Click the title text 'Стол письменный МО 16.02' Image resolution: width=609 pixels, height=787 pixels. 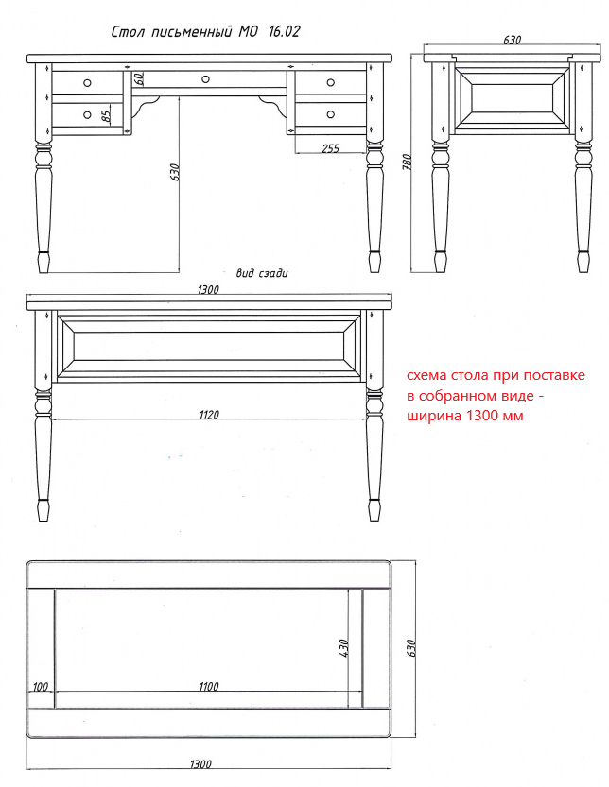tap(205, 32)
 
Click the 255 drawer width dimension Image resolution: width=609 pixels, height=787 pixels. tap(331, 148)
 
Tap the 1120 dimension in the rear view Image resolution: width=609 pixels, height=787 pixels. tap(209, 415)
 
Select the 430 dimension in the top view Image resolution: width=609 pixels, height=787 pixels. tap(343, 648)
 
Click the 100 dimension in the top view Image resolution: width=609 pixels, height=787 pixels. tap(41, 686)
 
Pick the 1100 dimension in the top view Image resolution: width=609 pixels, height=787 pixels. tap(209, 686)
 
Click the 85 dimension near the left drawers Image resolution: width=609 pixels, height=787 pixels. tap(107, 116)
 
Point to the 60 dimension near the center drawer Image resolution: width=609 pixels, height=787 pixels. tap(139, 78)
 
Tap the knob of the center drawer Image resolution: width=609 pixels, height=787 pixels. tap(205, 78)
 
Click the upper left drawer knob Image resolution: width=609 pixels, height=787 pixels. tap(87, 82)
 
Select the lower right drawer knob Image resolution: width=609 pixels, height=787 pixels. tap(331, 114)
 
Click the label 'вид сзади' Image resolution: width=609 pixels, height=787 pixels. tap(262, 273)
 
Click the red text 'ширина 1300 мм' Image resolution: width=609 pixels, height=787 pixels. tap(465, 416)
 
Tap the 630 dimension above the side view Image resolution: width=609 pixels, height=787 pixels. tap(512, 40)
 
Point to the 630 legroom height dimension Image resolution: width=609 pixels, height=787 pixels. tap(175, 172)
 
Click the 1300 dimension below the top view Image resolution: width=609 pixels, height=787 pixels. tap(200, 764)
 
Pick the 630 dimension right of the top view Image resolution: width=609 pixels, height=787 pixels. tap(411, 648)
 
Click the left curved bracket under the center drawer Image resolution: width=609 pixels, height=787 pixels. tap(147, 104)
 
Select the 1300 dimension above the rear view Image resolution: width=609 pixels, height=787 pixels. tap(208, 290)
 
